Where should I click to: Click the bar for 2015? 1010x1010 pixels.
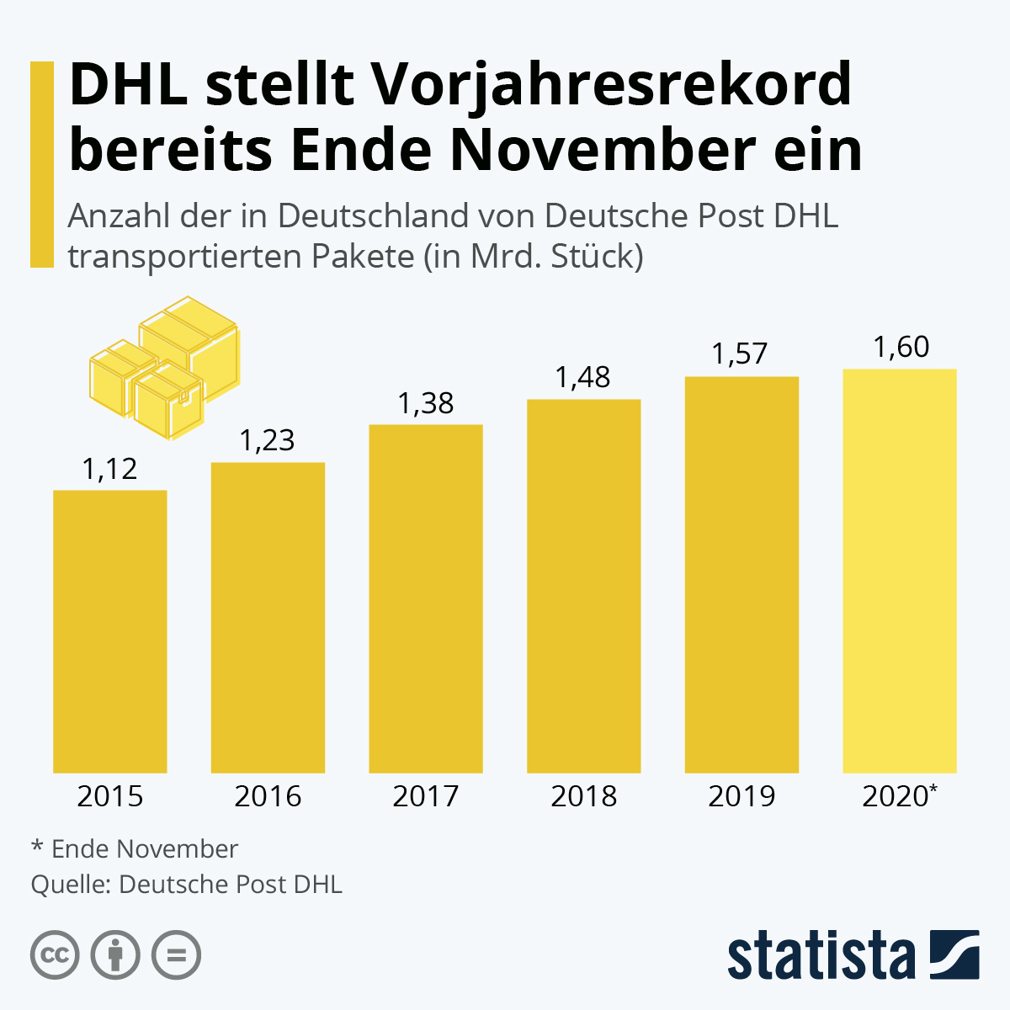coord(109,631)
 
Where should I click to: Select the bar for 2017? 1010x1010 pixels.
coord(426,598)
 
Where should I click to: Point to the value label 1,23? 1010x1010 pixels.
coord(268,440)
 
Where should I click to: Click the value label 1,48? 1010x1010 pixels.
coord(583,377)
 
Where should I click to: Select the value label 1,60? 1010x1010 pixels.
coord(901,347)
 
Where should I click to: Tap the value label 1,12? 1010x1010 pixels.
coord(109,469)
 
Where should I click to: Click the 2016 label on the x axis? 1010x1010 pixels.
coord(268,796)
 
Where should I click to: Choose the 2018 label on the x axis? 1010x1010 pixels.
coord(583,796)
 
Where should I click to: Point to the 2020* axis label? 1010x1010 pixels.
coord(900,796)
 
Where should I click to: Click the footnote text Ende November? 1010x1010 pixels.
coord(144,848)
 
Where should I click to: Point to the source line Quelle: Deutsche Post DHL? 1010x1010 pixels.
coord(186,885)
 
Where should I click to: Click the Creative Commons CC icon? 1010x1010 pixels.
coord(55,955)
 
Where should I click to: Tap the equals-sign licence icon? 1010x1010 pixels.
coord(176,955)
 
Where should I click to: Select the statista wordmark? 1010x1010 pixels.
coord(821,956)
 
